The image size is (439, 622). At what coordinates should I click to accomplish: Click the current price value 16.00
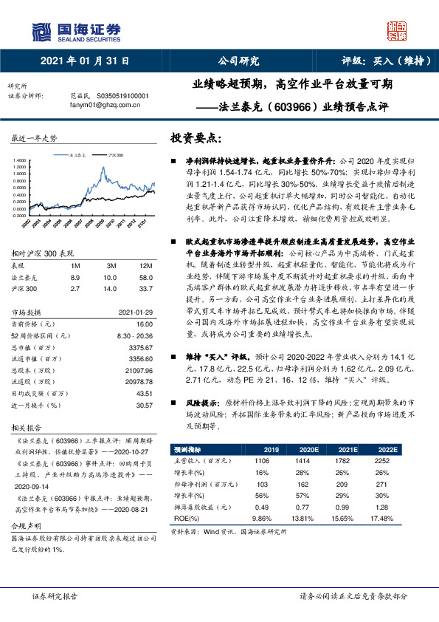[145, 344]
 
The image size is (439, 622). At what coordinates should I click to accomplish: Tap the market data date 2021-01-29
[136, 332]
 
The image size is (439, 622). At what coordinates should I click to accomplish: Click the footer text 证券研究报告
[55, 595]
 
